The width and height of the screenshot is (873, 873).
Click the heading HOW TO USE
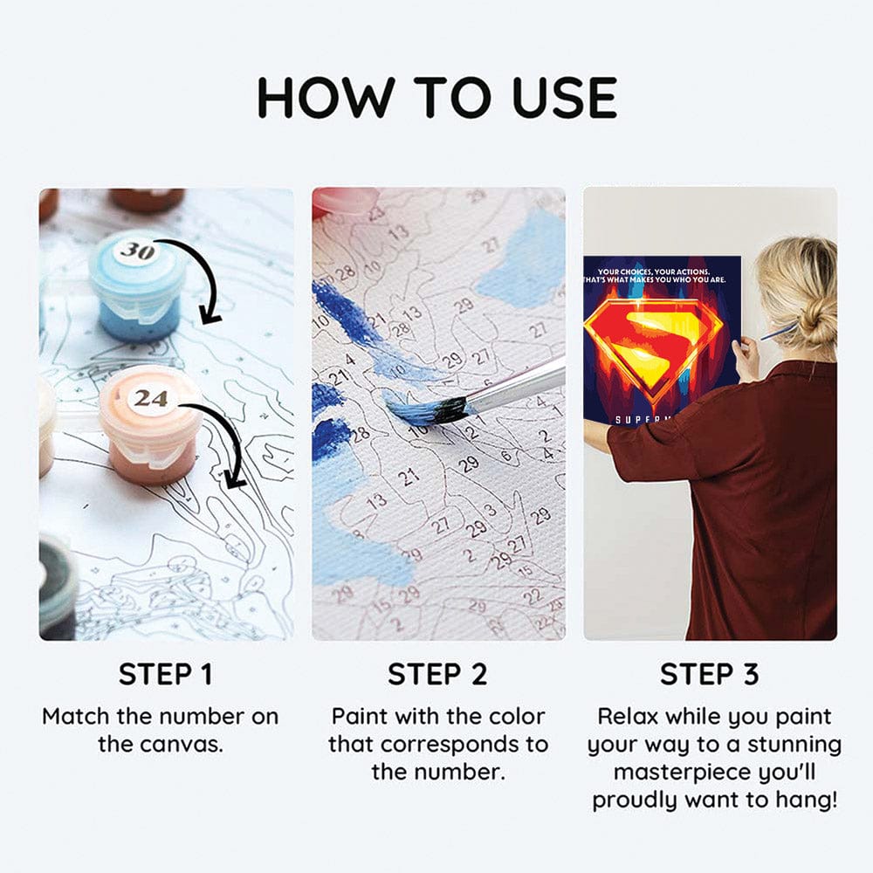pos(436,97)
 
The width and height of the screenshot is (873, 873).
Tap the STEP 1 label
pos(165,674)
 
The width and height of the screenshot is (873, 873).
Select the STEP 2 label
pos(436,674)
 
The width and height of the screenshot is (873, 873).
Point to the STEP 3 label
pos(709,674)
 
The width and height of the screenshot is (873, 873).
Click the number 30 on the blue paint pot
pos(135,251)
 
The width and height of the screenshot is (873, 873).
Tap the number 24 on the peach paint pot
pos(150,398)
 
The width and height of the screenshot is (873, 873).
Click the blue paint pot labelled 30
pos(137,288)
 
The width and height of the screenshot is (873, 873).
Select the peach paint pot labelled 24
pos(150,428)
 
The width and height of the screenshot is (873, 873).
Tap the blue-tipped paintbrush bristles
pos(428,410)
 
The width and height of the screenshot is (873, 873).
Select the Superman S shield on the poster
pos(653,340)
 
